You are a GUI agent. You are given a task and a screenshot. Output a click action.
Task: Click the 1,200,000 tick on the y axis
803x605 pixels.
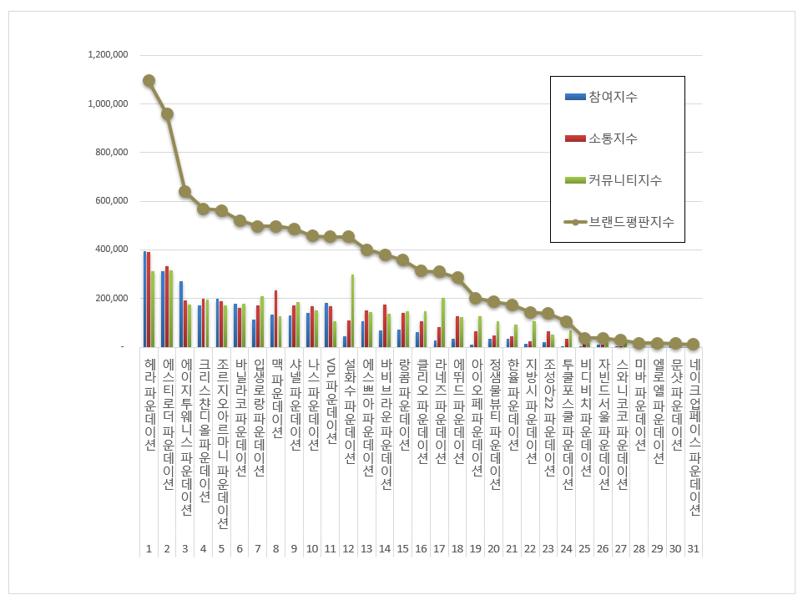tap(107, 55)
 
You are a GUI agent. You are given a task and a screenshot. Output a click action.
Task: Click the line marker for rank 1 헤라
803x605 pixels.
tap(149, 81)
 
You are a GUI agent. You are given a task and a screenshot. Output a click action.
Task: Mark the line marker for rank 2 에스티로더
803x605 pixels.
tap(167, 113)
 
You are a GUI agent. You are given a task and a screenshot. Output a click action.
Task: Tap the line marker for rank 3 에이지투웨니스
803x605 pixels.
tap(185, 191)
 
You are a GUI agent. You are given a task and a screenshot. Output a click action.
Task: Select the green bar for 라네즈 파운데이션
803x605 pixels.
tap(443, 322)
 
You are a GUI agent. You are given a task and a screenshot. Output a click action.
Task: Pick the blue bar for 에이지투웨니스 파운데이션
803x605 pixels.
tap(181, 314)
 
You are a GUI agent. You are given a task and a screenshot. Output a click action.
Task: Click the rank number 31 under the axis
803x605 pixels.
tap(694, 548)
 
